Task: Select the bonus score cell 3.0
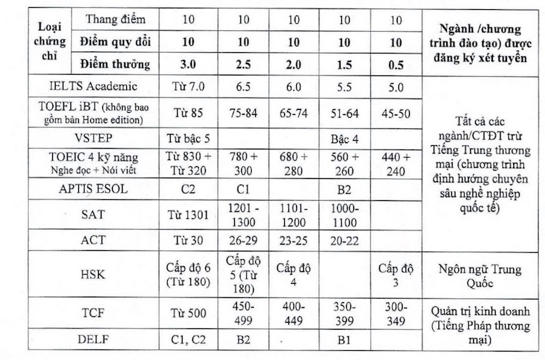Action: point(188,65)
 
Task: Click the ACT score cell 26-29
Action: point(241,240)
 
